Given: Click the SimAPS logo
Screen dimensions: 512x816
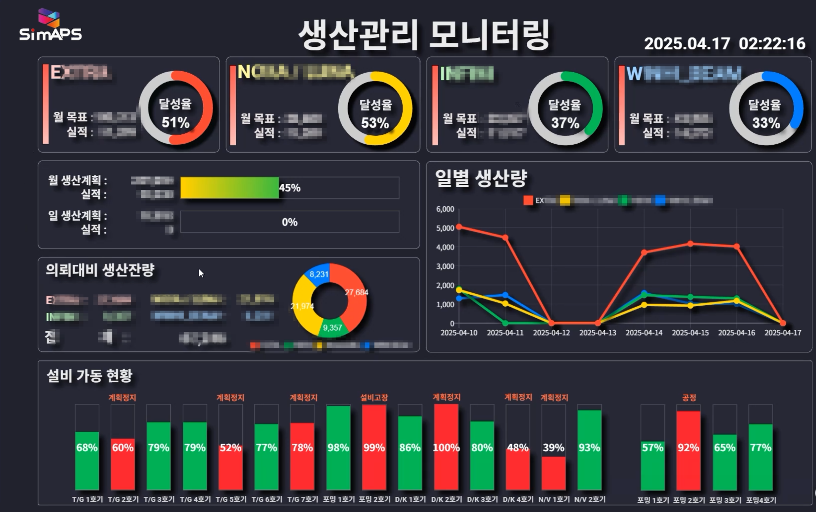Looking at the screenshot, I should pos(50,26).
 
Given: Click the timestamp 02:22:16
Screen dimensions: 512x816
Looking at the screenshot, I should pos(772,44).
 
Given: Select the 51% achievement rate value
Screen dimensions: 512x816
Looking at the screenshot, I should pos(175,122).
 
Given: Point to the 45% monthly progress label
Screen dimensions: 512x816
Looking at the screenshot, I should pos(290,188).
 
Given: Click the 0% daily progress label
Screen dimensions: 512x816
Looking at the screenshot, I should pos(290,222).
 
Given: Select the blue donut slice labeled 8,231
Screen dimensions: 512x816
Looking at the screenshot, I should pos(318,274).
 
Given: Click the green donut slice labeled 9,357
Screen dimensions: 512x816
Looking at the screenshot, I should pos(332,327).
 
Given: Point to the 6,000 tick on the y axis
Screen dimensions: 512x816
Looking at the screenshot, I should pos(445,209).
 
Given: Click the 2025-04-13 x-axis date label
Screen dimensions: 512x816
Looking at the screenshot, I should pos(598,333).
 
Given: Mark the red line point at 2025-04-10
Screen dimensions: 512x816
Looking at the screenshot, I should pos(459,227).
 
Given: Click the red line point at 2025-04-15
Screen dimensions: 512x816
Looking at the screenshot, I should pos(691,244).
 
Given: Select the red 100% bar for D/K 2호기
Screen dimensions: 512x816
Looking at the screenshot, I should pos(446,447).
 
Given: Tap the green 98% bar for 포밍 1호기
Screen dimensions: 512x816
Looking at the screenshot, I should pos(338,447).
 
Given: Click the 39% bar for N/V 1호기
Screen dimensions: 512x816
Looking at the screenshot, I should pos(553,472).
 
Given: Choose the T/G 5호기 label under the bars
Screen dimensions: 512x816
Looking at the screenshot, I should pos(231,499).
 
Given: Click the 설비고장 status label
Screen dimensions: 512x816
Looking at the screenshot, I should pos(374,397).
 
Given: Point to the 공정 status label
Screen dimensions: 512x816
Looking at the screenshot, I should pos(689,397).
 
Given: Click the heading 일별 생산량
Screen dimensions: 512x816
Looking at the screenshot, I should pos(481,178).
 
